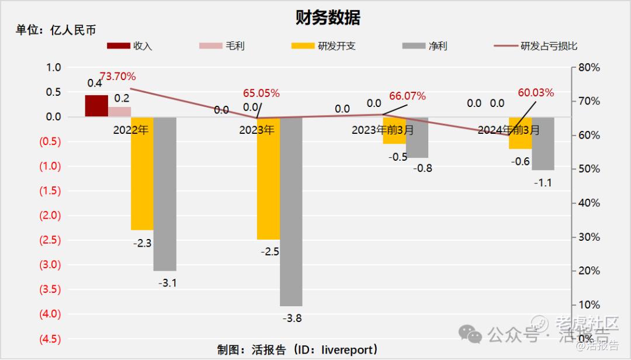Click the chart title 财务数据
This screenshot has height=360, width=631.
pos(328,18)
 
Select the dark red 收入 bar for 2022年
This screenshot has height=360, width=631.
pos(96,106)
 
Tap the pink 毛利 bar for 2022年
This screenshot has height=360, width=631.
pos(119,112)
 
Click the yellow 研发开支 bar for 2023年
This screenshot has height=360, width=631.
pos(268,178)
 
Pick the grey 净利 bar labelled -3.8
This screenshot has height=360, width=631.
pos(291,211)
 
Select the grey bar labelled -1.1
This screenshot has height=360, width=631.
pos(543,143)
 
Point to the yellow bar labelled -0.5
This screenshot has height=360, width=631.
pos(394,130)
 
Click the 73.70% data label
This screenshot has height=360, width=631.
pos(117,77)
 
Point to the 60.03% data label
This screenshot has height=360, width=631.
pos(536,93)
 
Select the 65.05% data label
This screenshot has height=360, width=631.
pos(261,93)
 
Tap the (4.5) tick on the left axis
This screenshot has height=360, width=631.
pos(49,338)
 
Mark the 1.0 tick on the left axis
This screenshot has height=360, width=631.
pos(53,67)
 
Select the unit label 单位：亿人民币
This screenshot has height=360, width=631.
pos(56,30)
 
